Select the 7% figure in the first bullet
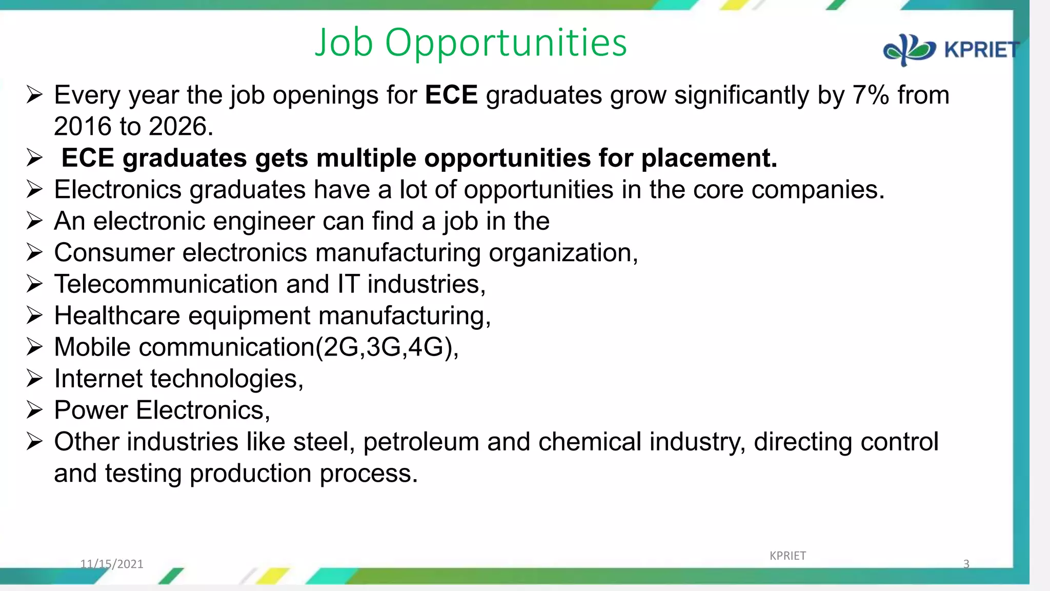(871, 95)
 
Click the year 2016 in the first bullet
(83, 127)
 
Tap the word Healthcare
(117, 316)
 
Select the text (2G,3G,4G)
(387, 347)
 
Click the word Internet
(98, 379)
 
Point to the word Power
(91, 410)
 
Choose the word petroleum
(421, 442)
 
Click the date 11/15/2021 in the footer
(112, 564)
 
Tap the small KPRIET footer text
(787, 556)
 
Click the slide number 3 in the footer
(966, 564)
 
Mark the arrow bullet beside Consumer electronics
(34, 252)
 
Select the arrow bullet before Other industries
(34, 442)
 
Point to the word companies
(818, 190)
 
